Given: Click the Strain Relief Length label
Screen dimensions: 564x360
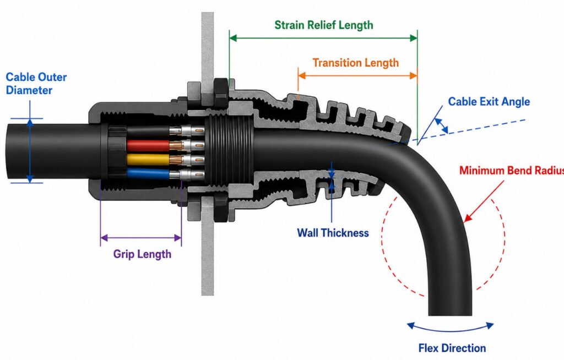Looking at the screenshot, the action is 324,25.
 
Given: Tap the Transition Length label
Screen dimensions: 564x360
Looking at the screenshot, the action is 355,63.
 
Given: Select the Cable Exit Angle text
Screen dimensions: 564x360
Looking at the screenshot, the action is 489,102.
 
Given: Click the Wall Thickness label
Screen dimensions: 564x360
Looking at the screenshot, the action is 333,233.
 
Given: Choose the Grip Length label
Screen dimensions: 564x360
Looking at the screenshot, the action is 142,254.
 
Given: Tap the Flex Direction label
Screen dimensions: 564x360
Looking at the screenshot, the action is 452,348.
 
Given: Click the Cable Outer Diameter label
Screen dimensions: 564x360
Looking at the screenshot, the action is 36,84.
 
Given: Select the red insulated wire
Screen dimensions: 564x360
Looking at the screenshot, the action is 148,146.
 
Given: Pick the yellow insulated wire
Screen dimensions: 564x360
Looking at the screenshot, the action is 148,159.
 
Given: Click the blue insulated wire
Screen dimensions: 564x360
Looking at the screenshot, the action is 148,174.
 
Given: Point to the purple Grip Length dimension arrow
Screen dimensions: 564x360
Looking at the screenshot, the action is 141,238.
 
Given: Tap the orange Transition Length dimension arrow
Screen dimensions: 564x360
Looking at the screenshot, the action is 357,75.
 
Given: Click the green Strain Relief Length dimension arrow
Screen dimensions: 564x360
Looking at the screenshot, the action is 323,38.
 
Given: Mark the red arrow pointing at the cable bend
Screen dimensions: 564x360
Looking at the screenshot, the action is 484,201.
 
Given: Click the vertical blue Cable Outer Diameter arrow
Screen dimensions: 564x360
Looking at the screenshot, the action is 30,151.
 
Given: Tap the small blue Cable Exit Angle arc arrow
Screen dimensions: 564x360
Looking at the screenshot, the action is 442,126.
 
